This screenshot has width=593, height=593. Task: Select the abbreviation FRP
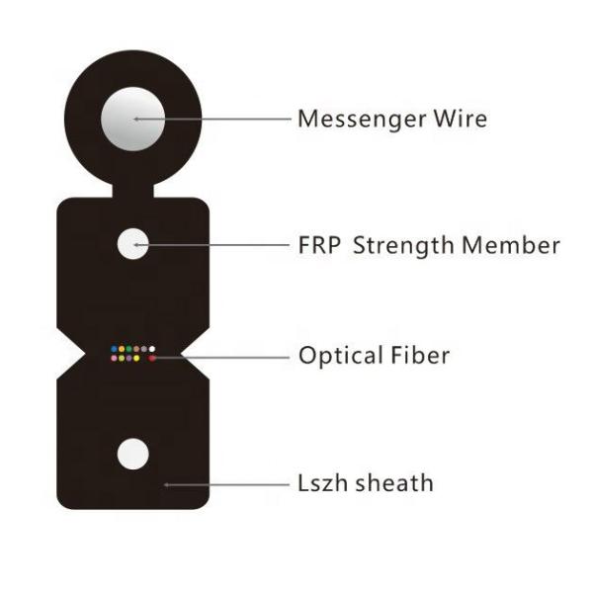[x=319, y=244]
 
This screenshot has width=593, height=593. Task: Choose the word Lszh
[x=320, y=483]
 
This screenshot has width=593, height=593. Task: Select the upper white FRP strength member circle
[x=133, y=243]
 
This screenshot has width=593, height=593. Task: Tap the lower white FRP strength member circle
[x=132, y=455]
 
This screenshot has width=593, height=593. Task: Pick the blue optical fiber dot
[x=114, y=349]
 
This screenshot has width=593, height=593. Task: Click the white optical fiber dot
[x=152, y=349]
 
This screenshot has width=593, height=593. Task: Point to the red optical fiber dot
[x=151, y=358]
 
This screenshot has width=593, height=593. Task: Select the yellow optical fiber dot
[x=136, y=358]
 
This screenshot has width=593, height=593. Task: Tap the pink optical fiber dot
[x=114, y=358]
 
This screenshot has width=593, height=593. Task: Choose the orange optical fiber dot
[x=122, y=349]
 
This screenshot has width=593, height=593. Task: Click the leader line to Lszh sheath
[x=227, y=484]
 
